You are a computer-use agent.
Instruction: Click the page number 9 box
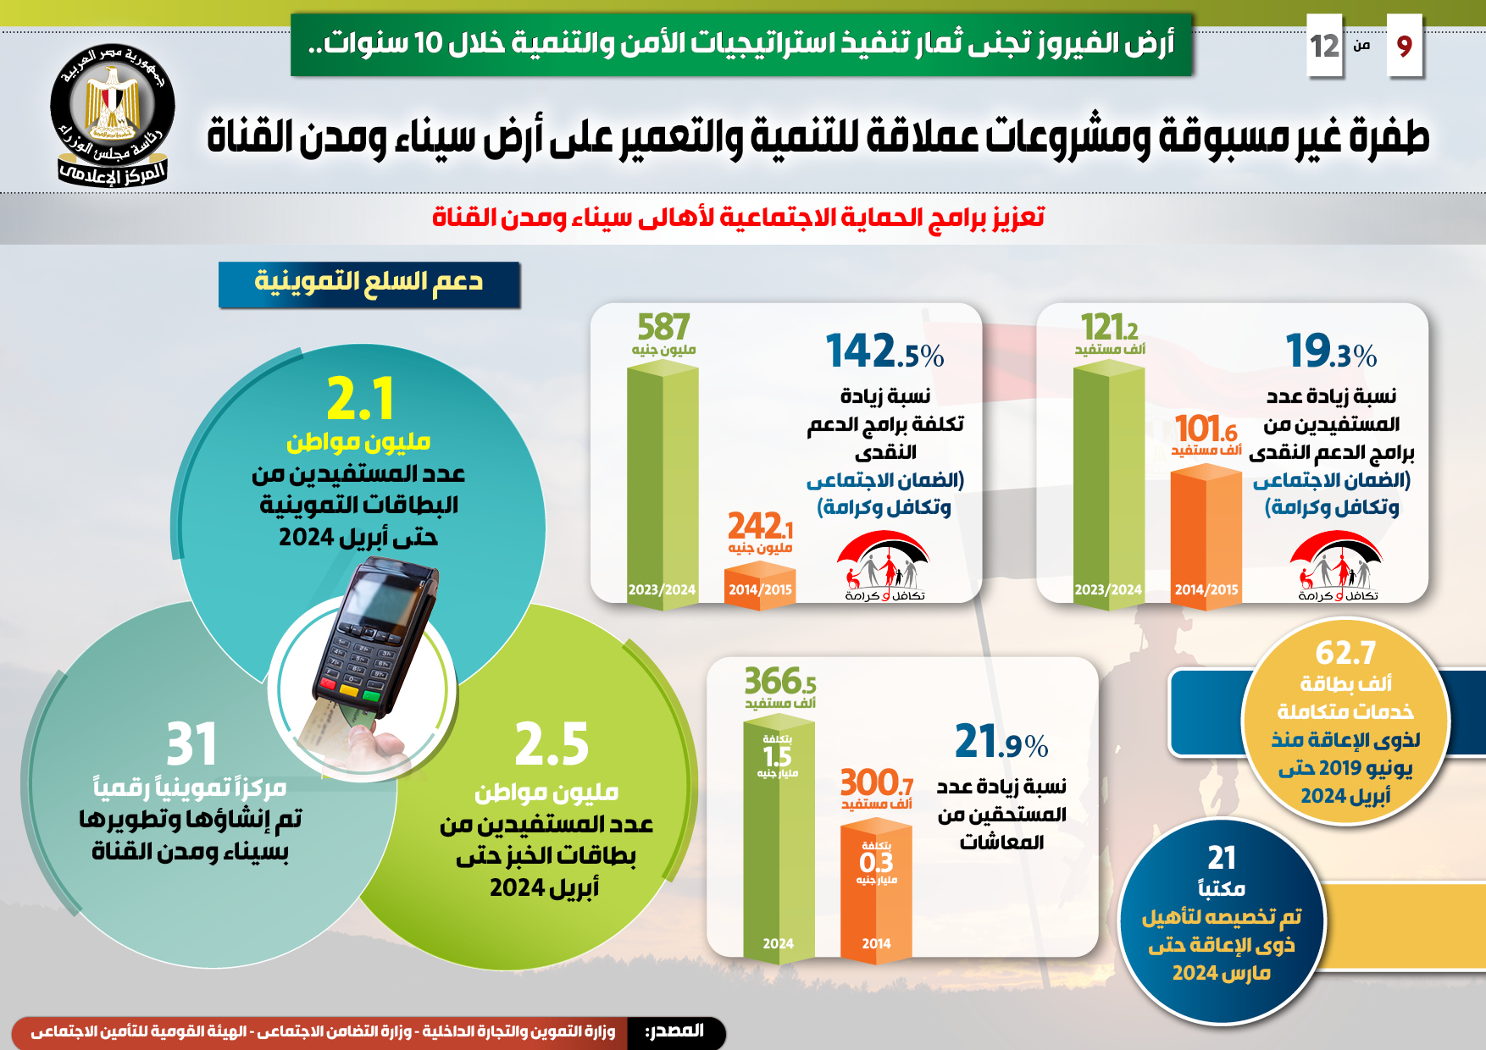[x=1404, y=46]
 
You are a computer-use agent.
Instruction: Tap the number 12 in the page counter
[x=1325, y=46]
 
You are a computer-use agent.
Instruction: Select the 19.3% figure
[x=1330, y=351]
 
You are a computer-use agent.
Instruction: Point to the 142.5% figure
[x=884, y=351]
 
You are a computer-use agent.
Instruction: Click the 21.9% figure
[x=1001, y=742]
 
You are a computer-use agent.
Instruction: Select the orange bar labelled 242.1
[x=760, y=584]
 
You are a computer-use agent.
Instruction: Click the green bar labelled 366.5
[x=779, y=838]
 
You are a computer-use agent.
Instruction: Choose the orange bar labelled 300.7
[x=876, y=889]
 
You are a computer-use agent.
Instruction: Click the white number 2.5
[x=552, y=744]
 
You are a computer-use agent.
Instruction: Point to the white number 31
[x=191, y=744]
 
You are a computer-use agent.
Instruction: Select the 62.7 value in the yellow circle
[x=1345, y=653]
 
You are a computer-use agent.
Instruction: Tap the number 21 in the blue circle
[x=1222, y=858]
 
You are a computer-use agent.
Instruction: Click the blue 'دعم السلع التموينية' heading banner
[x=369, y=284]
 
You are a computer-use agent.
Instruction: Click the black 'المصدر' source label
[x=675, y=1031]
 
